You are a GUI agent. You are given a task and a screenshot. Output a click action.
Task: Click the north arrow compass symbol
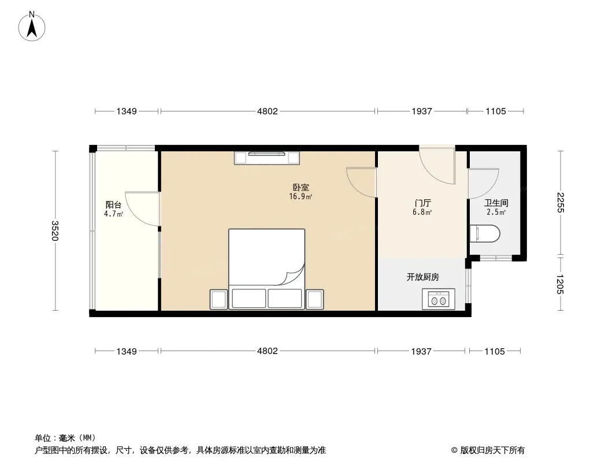[32, 27]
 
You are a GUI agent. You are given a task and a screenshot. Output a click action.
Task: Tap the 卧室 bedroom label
[300, 188]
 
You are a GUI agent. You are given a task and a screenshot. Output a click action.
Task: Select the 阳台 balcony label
[113, 204]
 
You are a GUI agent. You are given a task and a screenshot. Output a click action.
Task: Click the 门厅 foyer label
[423, 203]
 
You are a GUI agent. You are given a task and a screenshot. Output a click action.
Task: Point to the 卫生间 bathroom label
[496, 203]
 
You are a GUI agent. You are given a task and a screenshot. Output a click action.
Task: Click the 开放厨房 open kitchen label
[423, 277]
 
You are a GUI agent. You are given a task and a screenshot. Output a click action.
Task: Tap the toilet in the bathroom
[485, 233]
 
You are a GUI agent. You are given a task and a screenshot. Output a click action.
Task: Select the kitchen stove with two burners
[439, 299]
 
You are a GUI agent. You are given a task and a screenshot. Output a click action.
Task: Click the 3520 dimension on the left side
[55, 231]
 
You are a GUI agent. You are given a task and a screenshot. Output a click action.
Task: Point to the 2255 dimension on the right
[560, 203]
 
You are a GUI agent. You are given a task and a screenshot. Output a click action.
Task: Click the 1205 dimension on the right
[560, 284]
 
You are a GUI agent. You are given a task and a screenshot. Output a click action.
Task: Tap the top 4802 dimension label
[268, 111]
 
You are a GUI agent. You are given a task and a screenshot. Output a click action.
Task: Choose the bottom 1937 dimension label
[421, 351]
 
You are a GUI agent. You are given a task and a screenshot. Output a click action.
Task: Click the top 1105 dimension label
[496, 111]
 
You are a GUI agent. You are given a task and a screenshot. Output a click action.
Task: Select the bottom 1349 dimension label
[127, 351]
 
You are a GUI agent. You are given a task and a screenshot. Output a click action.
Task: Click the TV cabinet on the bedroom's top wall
[267, 158]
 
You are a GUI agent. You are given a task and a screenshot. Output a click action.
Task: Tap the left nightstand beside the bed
[219, 299]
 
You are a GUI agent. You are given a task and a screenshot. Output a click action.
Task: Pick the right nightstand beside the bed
[315, 299]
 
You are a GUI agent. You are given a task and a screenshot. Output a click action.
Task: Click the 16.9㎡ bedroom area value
[300, 197]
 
